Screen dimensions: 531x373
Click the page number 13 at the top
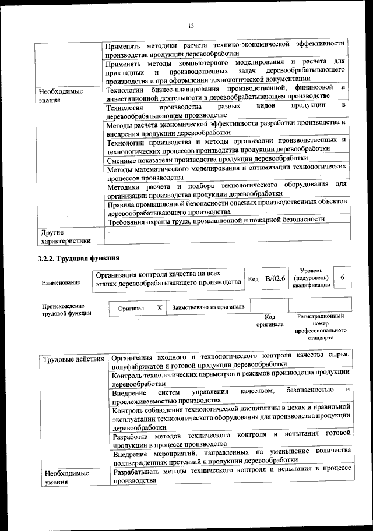(x=190, y=25)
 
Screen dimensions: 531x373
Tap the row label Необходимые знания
(x=60, y=96)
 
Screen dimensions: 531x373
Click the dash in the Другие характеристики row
(x=108, y=232)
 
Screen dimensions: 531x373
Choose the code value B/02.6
(x=275, y=279)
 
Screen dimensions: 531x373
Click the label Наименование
(x=61, y=282)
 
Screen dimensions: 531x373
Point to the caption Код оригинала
(x=270, y=320)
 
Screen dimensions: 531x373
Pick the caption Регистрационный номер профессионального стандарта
(x=320, y=327)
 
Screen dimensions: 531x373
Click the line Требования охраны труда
(x=216, y=220)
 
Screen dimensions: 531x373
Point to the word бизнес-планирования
(x=177, y=88)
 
